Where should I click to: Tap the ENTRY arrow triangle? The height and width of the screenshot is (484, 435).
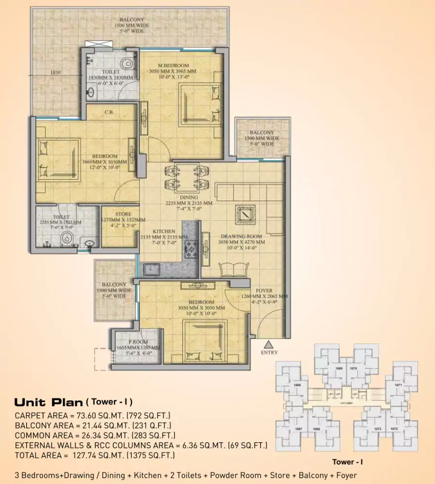click(x=269, y=345)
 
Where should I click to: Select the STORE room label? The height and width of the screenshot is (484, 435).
click(x=120, y=214)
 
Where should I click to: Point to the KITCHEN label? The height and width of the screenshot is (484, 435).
click(x=164, y=231)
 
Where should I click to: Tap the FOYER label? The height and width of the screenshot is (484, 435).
click(x=264, y=291)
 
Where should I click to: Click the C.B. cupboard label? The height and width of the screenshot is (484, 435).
click(x=109, y=113)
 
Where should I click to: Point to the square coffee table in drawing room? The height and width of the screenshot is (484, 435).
click(x=245, y=214)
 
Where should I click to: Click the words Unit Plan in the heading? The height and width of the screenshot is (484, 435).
click(x=48, y=402)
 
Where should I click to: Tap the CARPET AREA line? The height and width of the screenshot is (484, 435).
click(x=93, y=415)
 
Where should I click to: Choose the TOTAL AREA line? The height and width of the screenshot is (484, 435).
click(x=94, y=455)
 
